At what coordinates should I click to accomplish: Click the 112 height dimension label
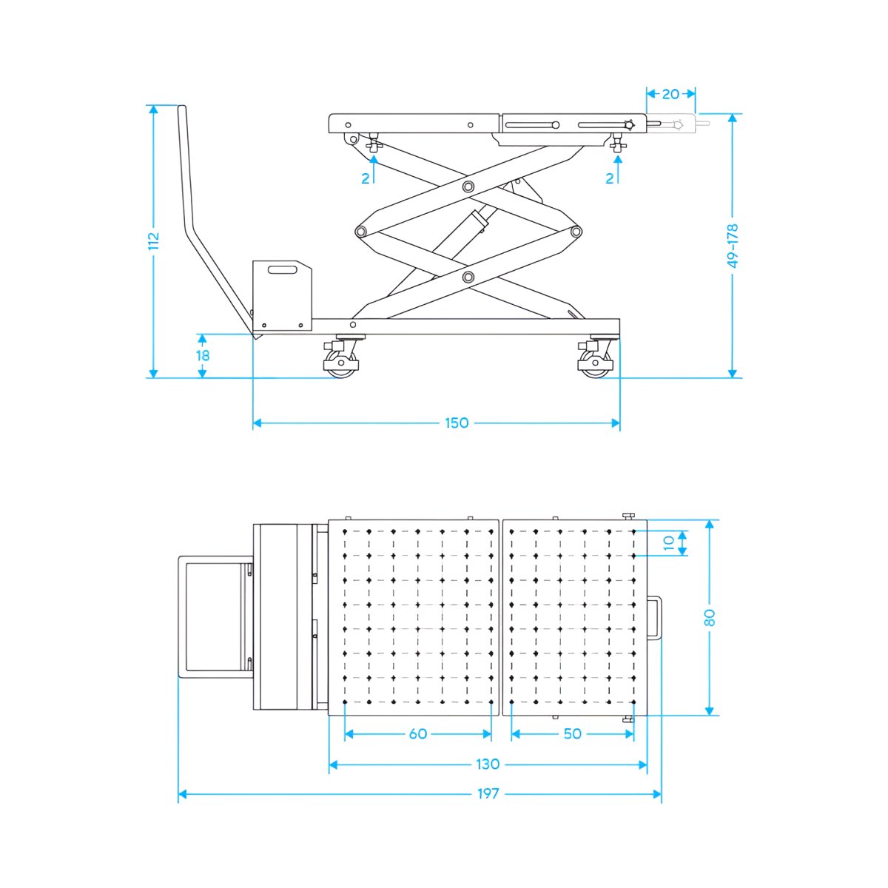tap(153, 240)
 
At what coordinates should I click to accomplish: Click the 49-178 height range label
tap(733, 246)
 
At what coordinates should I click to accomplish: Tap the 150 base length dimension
tap(457, 423)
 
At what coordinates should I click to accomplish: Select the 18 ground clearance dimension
tap(203, 356)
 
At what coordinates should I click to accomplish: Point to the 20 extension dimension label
tap(670, 94)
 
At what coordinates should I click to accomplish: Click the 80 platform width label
tap(710, 617)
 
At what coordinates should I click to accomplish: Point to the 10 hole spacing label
tap(669, 543)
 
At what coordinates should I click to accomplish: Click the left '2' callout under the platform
tap(366, 178)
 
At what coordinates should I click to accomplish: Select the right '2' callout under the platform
tap(610, 178)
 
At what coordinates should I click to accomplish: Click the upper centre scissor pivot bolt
tap(468, 186)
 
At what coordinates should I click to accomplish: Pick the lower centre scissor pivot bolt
tap(468, 277)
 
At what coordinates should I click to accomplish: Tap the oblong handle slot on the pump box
tap(282, 270)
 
